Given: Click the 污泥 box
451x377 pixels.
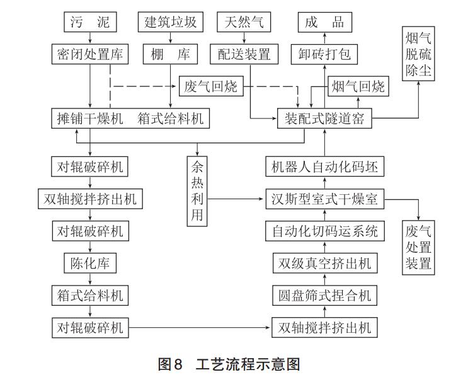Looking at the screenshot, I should tap(91, 23).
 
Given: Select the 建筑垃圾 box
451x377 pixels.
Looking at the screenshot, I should tap(171, 23).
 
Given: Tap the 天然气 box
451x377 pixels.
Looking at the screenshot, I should tap(244, 23).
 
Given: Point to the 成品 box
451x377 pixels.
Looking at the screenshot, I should tap(324, 23).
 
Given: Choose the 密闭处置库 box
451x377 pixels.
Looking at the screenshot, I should tap(91, 54).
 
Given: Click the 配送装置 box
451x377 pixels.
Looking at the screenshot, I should tap(244, 54).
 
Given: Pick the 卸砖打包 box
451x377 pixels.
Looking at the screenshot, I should tap(324, 54).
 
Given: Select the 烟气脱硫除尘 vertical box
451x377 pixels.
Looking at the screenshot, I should tap(419, 62).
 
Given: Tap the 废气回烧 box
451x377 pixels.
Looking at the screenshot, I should tap(210, 86).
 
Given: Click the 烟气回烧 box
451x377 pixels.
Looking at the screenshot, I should tap(357, 86).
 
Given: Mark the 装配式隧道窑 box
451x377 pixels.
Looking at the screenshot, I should tap(324, 118).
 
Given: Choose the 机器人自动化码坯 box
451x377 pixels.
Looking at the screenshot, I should tap(324, 167).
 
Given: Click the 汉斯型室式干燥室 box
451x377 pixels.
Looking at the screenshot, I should tap(324, 199).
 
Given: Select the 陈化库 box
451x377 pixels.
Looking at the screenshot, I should tap(90, 263).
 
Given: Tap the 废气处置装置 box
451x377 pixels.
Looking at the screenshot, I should tap(419, 246).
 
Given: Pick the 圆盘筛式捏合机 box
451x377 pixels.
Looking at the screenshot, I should tap(324, 295).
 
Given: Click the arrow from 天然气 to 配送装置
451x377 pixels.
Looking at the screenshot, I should tap(244, 38).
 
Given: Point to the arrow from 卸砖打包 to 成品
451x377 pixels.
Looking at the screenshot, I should tap(324, 38).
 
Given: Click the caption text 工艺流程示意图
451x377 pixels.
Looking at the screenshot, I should tap(248, 364).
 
